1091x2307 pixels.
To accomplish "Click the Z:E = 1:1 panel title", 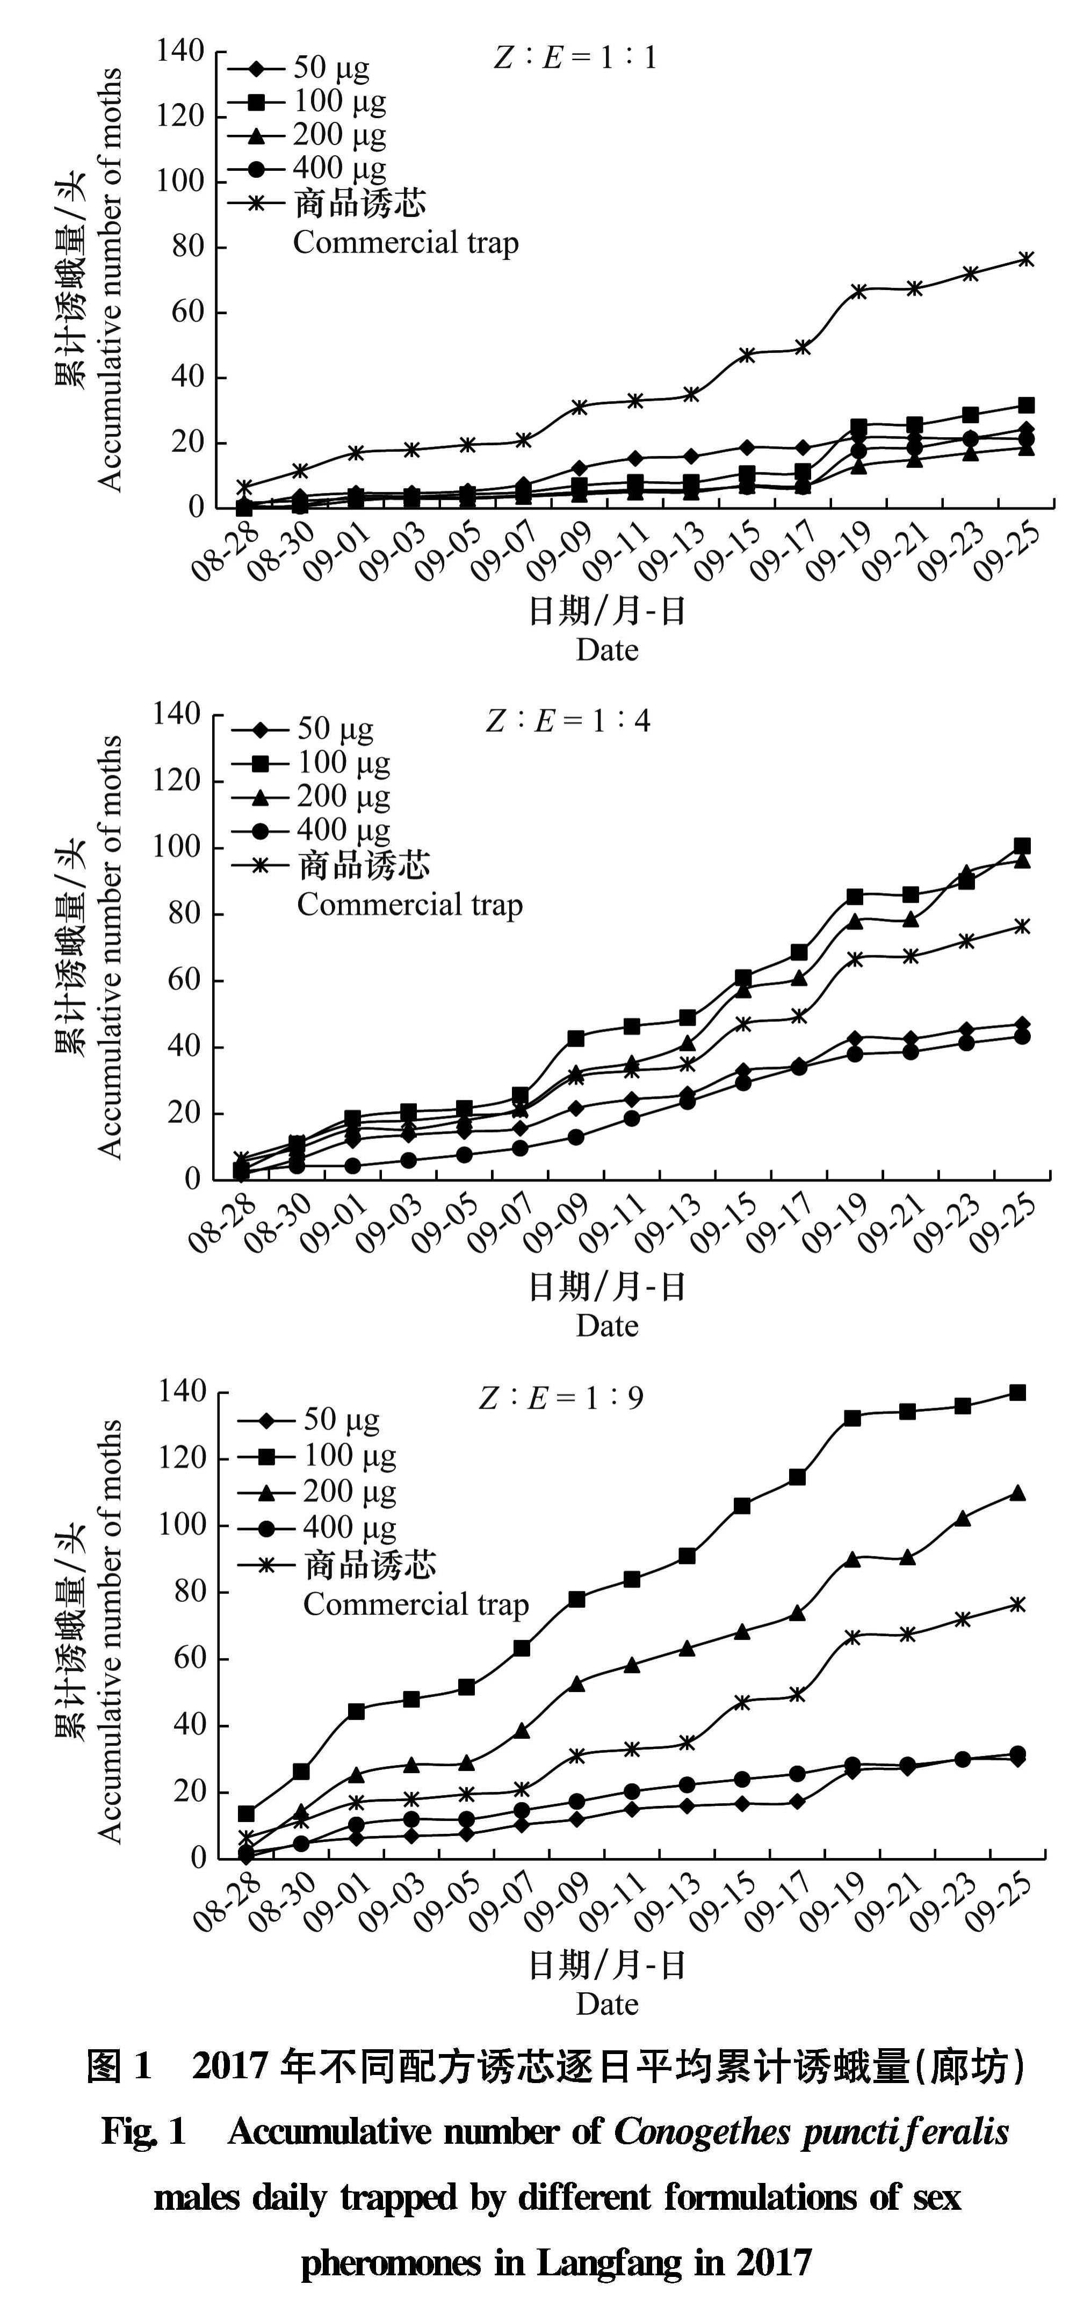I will [575, 58].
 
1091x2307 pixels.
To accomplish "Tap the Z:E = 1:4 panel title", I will [568, 721].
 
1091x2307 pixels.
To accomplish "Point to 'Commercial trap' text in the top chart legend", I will [406, 243].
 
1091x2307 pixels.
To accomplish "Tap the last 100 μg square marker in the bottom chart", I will [1017, 1392].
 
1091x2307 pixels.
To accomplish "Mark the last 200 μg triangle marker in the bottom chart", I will [1017, 1493].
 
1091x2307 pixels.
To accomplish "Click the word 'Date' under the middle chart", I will [608, 1325].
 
